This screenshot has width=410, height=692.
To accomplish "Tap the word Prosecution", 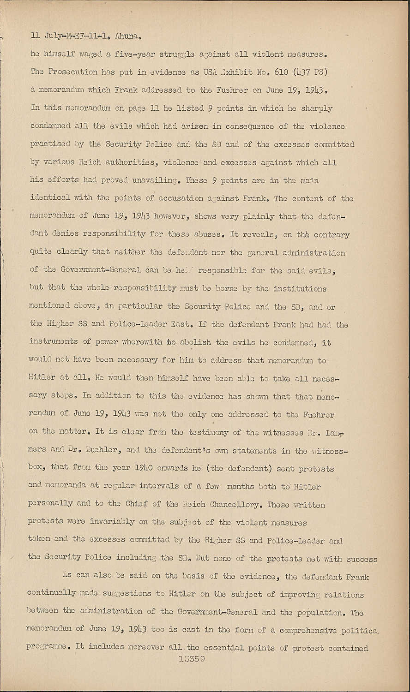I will (72, 72).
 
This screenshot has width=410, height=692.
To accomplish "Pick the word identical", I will (50, 198).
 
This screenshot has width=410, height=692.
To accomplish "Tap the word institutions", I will (300, 289).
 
